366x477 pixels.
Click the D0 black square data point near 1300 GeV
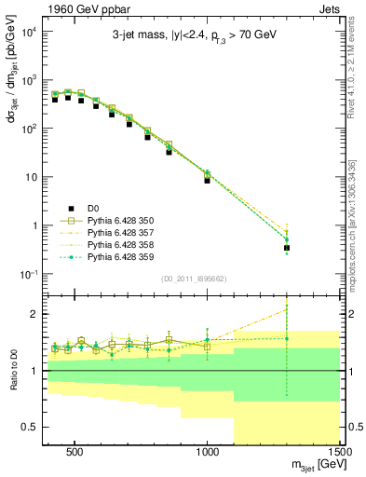(287, 248)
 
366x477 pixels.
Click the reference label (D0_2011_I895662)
(194, 278)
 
